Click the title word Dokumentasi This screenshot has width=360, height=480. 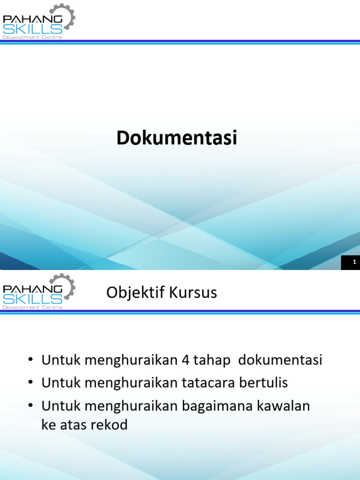click(x=177, y=138)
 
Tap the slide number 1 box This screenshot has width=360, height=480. click(x=354, y=262)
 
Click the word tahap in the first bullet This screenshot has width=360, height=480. click(x=211, y=360)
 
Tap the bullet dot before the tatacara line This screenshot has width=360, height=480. click(x=30, y=383)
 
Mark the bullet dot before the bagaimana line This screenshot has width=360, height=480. click(x=30, y=406)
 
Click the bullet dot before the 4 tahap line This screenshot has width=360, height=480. click(x=30, y=361)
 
